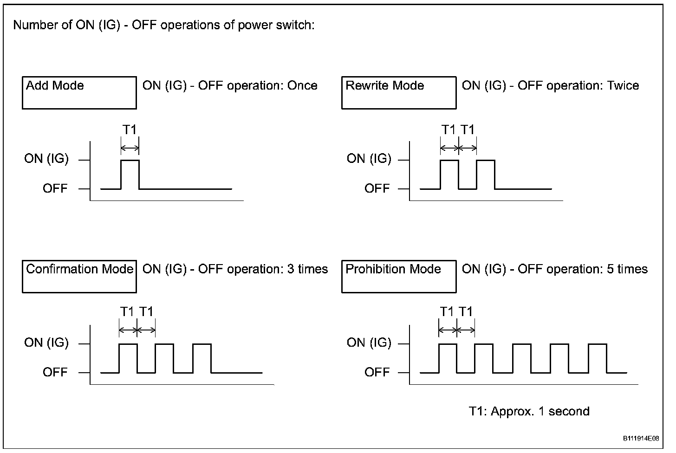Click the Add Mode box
tap(79, 93)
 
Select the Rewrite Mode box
tap(399, 93)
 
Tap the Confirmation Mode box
tap(79, 277)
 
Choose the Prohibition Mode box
tap(399, 277)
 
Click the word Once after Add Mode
tap(302, 86)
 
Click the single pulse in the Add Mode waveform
tap(130, 174)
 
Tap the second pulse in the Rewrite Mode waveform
tap(486, 174)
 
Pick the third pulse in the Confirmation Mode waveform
tap(202, 358)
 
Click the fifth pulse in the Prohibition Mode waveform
tap(597, 358)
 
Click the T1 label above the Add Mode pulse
tap(130, 130)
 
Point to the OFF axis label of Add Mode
tap(55, 189)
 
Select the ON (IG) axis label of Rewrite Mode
tap(369, 159)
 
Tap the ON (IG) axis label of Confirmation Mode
tap(46, 343)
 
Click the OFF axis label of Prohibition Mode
tap(377, 372)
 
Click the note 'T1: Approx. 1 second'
tap(529, 412)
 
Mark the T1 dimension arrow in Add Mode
tap(130, 149)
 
